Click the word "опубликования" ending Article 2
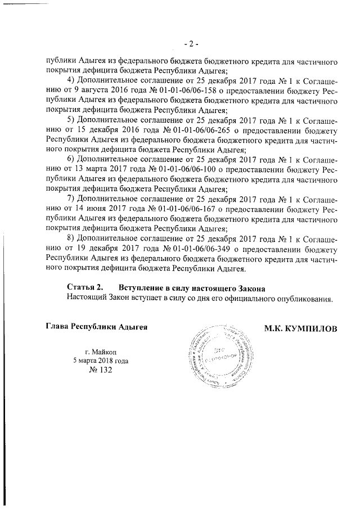point(307,299)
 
